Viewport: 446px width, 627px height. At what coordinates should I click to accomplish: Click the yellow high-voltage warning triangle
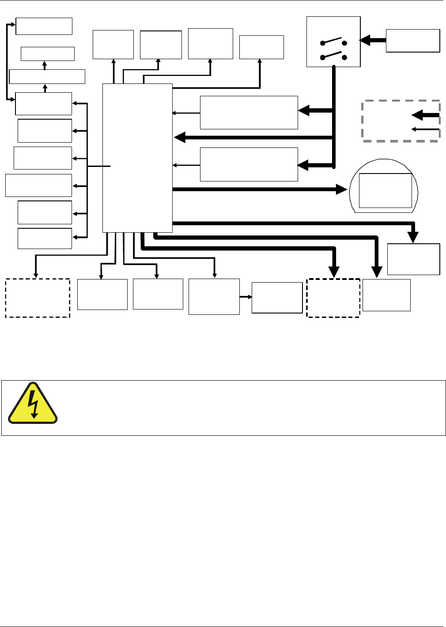(x=33, y=404)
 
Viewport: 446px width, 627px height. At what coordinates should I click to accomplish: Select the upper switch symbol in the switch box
(x=334, y=41)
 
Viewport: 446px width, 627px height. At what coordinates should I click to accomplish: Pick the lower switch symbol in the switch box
(x=334, y=56)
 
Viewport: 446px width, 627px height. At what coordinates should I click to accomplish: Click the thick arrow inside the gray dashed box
(x=425, y=115)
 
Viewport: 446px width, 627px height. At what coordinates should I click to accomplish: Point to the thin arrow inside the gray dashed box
(x=425, y=129)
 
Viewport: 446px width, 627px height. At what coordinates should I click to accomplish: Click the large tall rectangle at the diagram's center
(x=137, y=158)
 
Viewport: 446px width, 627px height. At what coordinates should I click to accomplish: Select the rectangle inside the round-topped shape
(x=385, y=190)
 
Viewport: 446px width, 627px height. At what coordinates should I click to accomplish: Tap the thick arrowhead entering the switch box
(x=365, y=41)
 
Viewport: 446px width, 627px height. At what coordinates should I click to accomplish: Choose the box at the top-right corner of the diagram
(x=413, y=41)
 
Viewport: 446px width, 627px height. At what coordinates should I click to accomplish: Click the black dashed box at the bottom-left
(x=38, y=298)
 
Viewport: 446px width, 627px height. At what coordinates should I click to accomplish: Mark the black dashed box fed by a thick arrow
(x=333, y=298)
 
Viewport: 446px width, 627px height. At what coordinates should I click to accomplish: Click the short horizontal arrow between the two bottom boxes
(x=246, y=297)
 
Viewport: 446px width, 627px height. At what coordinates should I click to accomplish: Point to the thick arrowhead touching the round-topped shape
(x=343, y=189)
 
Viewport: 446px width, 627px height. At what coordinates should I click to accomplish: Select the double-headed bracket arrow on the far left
(x=9, y=61)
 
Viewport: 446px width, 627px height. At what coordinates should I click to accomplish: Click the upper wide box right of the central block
(x=249, y=113)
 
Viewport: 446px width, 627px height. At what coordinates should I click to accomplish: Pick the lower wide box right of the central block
(x=249, y=164)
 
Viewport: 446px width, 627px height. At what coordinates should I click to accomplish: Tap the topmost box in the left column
(x=44, y=26)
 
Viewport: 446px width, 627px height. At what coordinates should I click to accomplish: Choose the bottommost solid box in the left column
(x=45, y=238)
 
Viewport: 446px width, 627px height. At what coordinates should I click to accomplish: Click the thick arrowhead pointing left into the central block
(x=180, y=138)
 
